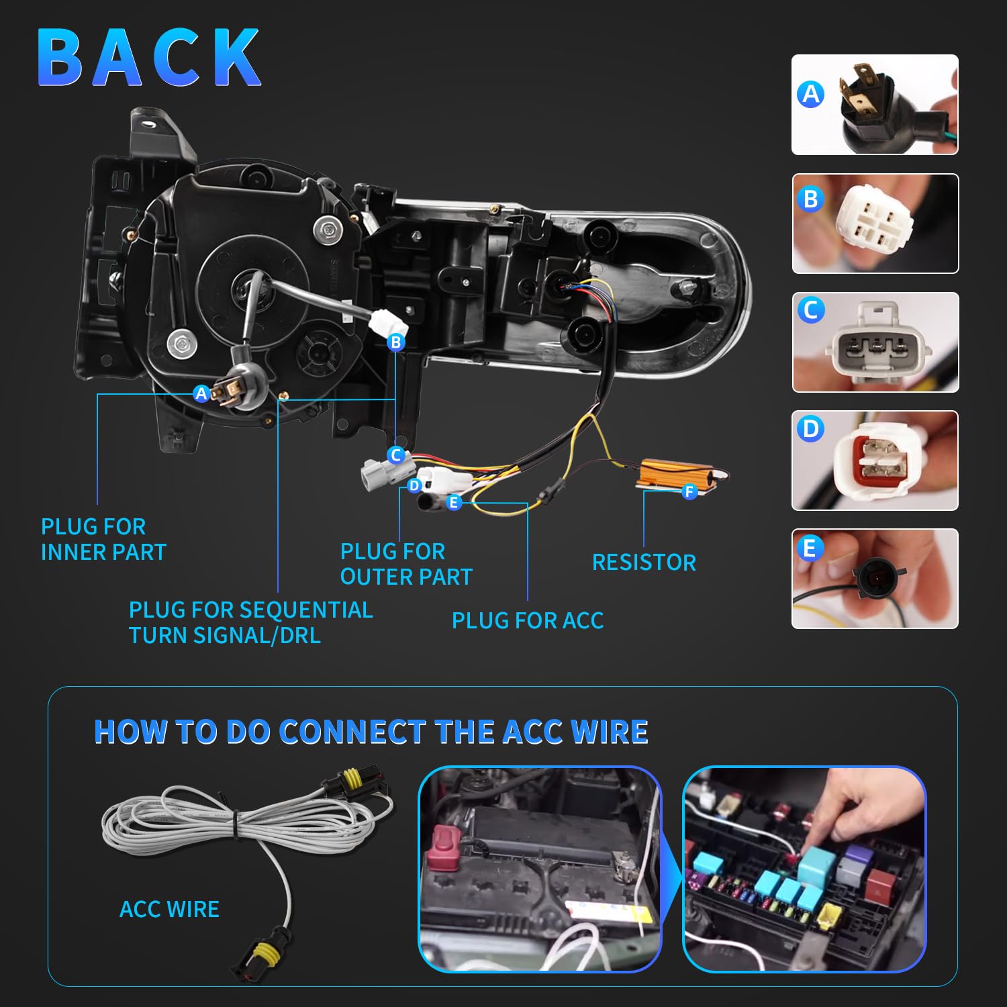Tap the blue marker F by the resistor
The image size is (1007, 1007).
point(689,492)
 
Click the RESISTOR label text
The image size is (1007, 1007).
point(644,563)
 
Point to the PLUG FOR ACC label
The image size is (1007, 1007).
point(528,621)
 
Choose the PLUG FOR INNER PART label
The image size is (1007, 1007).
point(103,539)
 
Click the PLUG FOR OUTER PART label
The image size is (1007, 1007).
point(406,564)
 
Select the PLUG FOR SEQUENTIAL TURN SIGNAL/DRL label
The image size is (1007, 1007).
point(250,622)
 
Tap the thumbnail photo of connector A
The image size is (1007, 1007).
point(875,105)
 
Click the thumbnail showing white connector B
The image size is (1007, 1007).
point(875,224)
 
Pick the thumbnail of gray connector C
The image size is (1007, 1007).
point(875,342)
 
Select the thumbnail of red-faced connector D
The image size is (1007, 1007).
point(875,461)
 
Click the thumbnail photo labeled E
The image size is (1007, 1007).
point(875,579)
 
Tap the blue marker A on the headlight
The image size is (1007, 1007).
point(201,393)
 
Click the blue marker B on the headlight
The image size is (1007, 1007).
point(396,342)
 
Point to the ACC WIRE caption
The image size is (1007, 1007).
point(169,909)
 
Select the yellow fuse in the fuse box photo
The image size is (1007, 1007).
point(830,916)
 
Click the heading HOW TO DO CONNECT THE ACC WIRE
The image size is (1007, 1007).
point(371,732)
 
